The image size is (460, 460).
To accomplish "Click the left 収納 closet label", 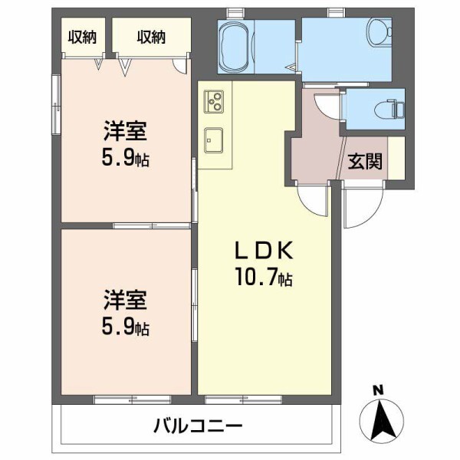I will [x=83, y=36].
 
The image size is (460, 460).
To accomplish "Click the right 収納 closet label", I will [x=152, y=36].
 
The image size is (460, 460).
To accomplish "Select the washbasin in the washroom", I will [x=379, y=32].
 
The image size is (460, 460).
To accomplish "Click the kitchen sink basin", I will [x=214, y=140].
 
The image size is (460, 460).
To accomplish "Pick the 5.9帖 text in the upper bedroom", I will [x=126, y=159].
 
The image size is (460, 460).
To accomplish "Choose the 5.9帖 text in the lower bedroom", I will [x=126, y=327].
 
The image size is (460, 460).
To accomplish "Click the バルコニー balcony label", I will [x=197, y=426].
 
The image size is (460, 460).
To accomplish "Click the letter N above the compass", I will [x=377, y=390].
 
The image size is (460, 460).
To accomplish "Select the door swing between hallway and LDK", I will [x=314, y=201].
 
